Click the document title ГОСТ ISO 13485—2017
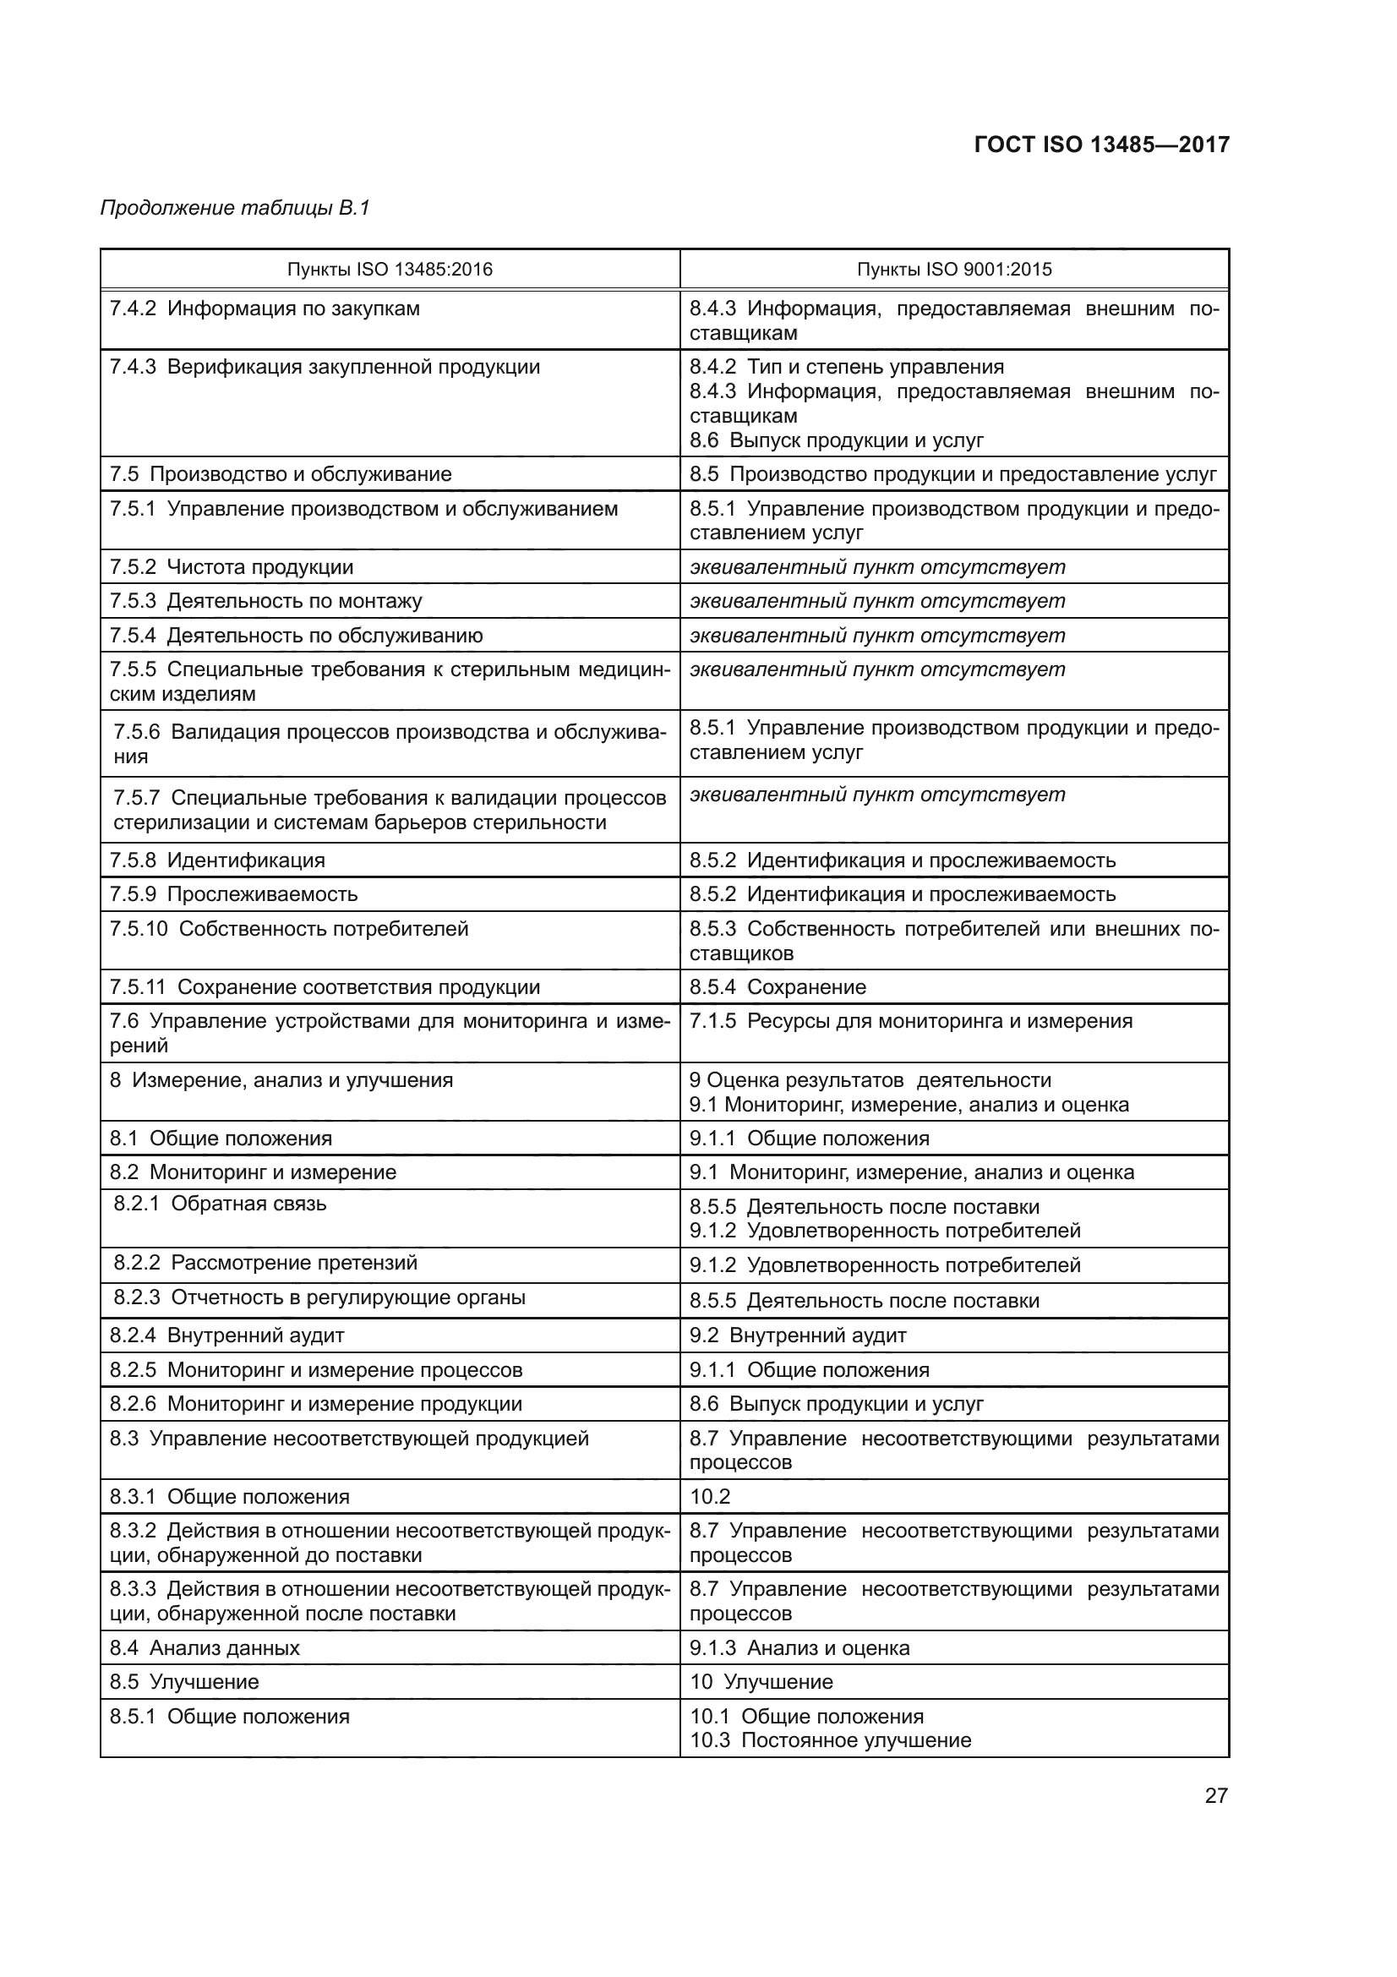1101,144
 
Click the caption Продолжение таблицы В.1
235,208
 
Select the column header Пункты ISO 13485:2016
389,270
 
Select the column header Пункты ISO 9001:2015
953,270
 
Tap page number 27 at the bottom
1215,1795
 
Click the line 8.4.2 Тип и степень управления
846,367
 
